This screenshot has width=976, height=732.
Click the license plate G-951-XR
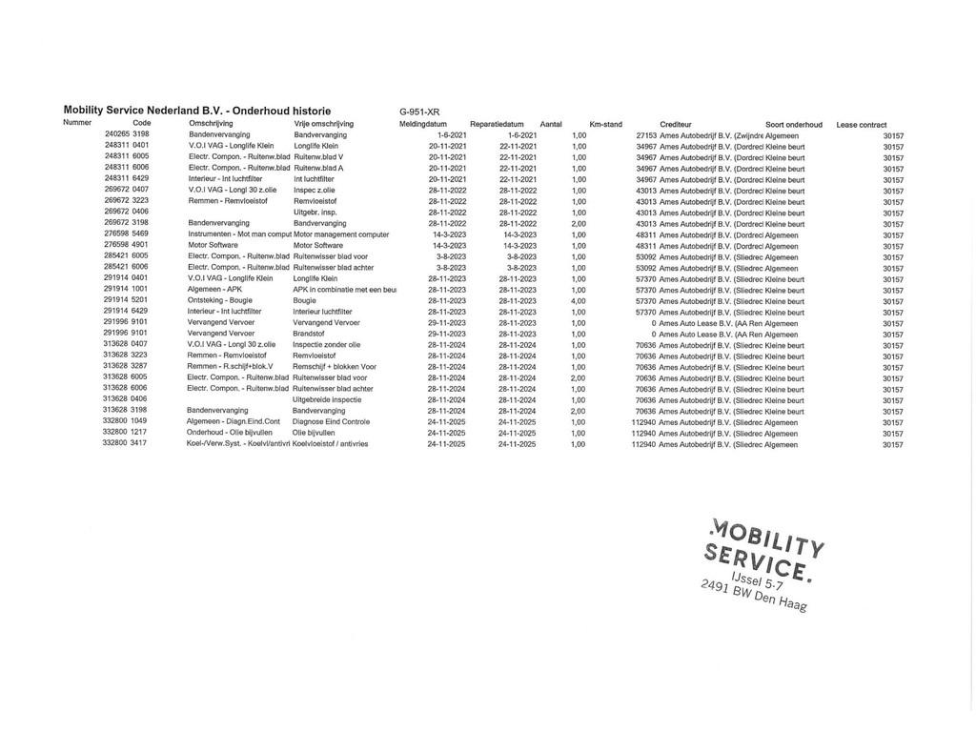pyautogui.click(x=419, y=112)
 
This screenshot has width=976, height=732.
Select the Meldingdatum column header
pyautogui.click(x=423, y=124)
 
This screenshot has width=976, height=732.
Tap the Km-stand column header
pyautogui.click(x=605, y=124)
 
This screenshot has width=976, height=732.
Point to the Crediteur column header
pyautogui.click(x=676, y=124)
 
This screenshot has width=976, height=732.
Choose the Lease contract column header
pyautogui.click(x=862, y=124)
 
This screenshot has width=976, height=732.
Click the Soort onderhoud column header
pyautogui.click(x=794, y=124)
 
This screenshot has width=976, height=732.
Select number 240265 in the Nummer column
pyautogui.click(x=116, y=134)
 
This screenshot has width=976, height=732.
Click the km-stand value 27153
pyautogui.click(x=646, y=135)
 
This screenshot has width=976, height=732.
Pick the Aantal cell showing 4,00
pyautogui.click(x=579, y=301)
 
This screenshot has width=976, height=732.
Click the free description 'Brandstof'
pyautogui.click(x=309, y=334)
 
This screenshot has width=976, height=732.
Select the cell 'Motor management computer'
pyautogui.click(x=341, y=234)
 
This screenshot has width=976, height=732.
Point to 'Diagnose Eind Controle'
pyautogui.click(x=331, y=421)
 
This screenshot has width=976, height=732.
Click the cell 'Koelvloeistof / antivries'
pyautogui.click(x=330, y=443)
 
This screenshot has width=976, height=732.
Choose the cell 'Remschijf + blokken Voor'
pyautogui.click(x=335, y=367)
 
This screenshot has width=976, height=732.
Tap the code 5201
pyautogui.click(x=139, y=300)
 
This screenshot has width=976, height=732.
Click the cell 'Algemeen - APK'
pyautogui.click(x=214, y=289)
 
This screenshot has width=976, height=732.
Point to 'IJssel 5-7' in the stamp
pyautogui.click(x=756, y=580)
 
